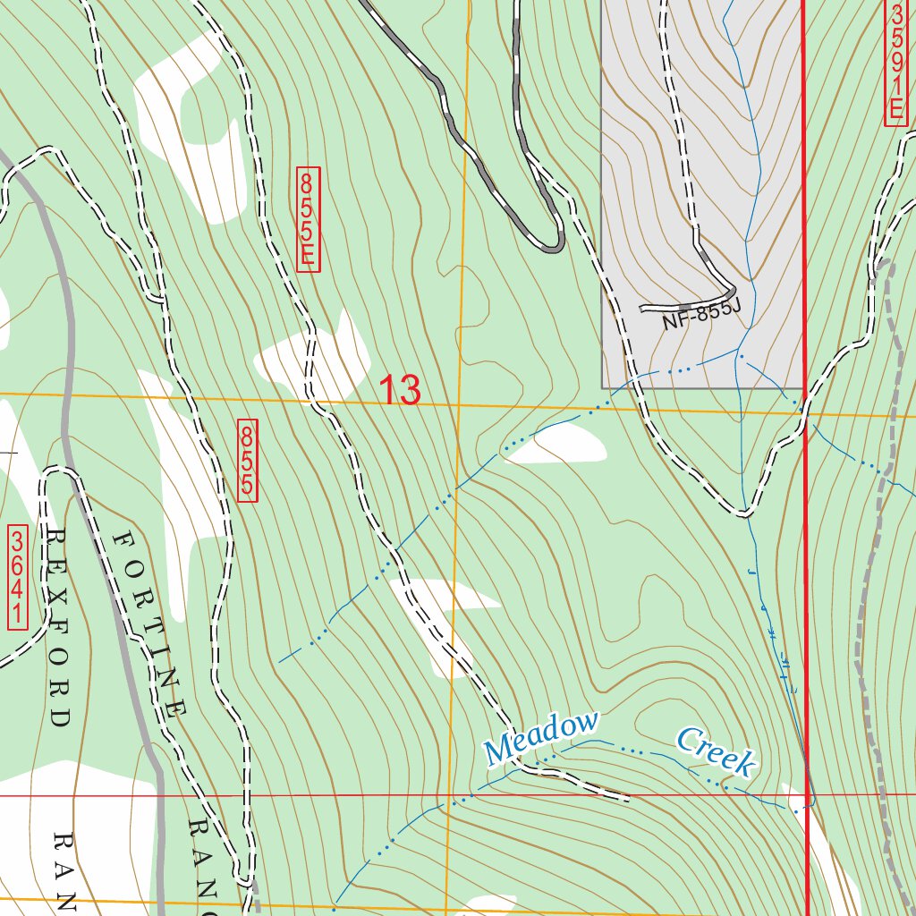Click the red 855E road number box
click(x=308, y=219)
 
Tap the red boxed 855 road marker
click(x=248, y=461)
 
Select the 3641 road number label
click(x=18, y=577)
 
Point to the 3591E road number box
click(x=896, y=64)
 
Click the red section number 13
click(x=399, y=391)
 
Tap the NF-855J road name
click(x=702, y=316)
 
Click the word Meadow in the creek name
click(x=541, y=738)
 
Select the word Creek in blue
click(x=717, y=751)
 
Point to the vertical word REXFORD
click(x=58, y=626)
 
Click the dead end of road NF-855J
click(x=643, y=309)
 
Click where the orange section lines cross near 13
click(x=458, y=405)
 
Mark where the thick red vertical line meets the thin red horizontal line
click(x=807, y=794)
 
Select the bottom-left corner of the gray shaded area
click(x=602, y=387)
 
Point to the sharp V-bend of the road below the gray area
click(x=744, y=512)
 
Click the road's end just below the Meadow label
click(x=626, y=796)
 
